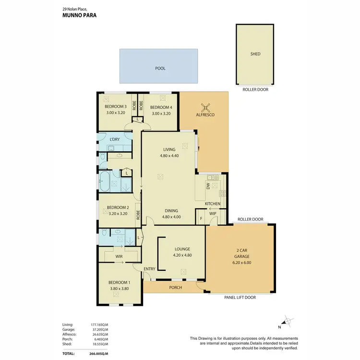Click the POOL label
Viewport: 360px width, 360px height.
click(x=160, y=69)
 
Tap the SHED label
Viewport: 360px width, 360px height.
click(x=255, y=54)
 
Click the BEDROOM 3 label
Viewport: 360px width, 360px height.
click(x=115, y=107)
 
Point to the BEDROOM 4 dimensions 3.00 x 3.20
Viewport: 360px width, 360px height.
click(x=160, y=113)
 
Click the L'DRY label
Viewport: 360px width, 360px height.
click(x=114, y=139)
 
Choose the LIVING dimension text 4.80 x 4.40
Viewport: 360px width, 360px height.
click(x=169, y=156)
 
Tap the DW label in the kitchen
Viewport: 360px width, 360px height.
click(x=208, y=187)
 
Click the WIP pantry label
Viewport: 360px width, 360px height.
click(x=213, y=214)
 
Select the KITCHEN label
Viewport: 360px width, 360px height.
click(x=213, y=204)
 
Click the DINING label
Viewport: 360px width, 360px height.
click(x=171, y=210)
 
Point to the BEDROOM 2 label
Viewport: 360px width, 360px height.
click(x=117, y=207)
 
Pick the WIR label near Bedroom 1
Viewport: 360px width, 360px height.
click(x=120, y=257)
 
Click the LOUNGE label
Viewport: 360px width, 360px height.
click(x=182, y=249)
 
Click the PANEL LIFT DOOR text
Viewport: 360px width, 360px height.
click(x=240, y=298)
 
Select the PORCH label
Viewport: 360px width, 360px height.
click(x=174, y=288)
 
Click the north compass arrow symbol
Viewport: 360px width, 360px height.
click(x=288, y=321)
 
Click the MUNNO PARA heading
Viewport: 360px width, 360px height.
click(x=80, y=15)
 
